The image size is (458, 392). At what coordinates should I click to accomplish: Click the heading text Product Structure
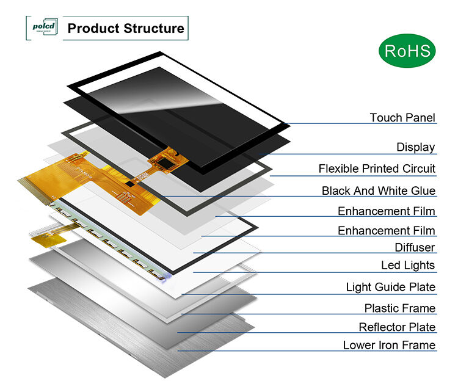(x=125, y=28)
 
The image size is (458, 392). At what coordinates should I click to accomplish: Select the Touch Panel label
(x=402, y=117)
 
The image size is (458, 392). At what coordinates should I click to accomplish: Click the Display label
(x=416, y=147)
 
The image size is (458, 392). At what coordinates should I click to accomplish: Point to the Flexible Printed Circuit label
(x=377, y=169)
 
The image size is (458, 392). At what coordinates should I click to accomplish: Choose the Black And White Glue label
(x=379, y=191)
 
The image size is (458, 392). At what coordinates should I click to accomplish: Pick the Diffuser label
(x=415, y=247)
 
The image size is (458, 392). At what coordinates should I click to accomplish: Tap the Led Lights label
(x=408, y=265)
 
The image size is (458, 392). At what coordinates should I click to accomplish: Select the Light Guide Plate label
(x=391, y=287)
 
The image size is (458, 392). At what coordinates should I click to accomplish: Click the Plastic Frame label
(x=400, y=308)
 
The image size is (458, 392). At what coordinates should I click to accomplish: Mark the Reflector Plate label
(x=397, y=327)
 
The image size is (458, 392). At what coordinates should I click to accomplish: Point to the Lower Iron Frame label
(x=389, y=345)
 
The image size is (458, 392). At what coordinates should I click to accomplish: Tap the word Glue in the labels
(x=423, y=191)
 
